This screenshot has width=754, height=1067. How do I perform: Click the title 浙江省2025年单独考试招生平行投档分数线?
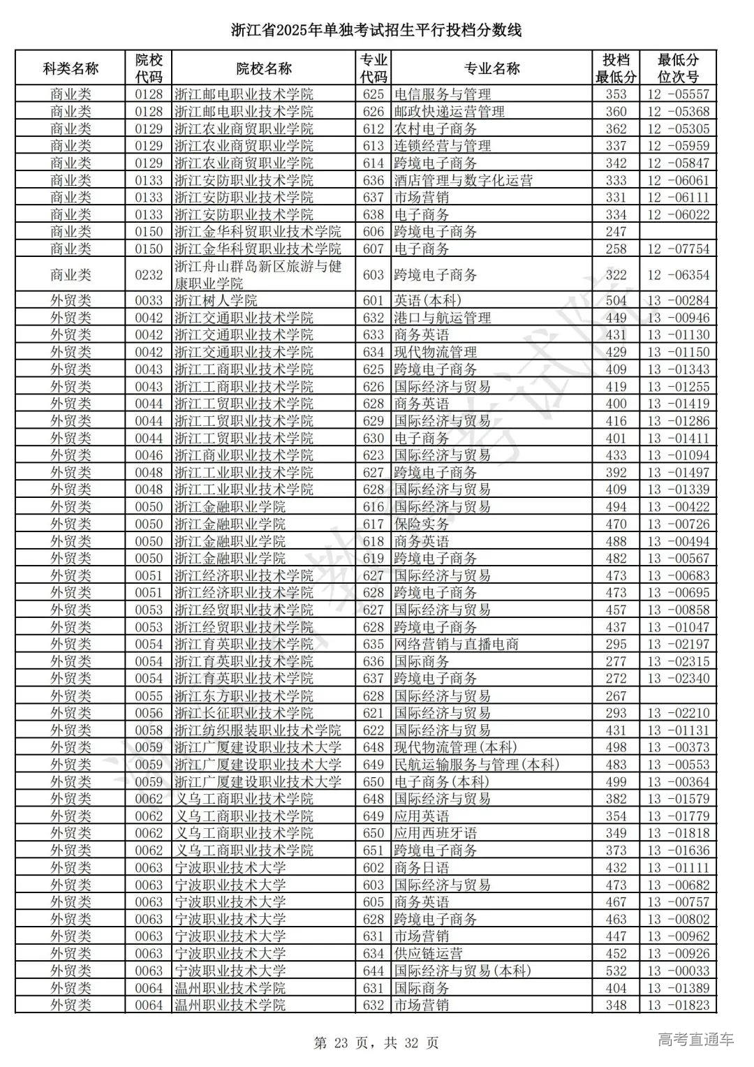(x=376, y=30)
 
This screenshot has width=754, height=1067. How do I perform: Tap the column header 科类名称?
(x=71, y=68)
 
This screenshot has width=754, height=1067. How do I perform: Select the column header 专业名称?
(x=491, y=68)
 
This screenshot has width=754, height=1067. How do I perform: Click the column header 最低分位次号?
(x=678, y=68)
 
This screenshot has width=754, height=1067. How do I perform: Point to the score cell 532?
(x=616, y=971)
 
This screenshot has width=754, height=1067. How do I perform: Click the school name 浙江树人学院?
(x=216, y=300)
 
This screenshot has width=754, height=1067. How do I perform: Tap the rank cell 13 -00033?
(x=678, y=971)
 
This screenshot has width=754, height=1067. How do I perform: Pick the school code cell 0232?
(x=149, y=275)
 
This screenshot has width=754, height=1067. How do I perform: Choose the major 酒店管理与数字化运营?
(x=463, y=180)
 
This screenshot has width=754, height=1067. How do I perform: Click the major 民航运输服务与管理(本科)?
(x=477, y=765)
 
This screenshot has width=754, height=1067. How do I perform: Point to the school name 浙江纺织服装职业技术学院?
(x=258, y=730)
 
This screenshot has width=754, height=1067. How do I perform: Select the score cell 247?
(x=616, y=232)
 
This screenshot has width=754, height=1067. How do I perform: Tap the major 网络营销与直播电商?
(x=456, y=645)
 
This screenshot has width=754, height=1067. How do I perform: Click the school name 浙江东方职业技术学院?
(x=244, y=696)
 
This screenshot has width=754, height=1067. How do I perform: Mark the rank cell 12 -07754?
(x=678, y=249)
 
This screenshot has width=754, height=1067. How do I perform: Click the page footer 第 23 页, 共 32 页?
(x=377, y=1043)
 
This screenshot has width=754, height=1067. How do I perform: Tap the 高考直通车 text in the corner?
(x=696, y=1040)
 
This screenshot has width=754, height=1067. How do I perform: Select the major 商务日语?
(x=421, y=867)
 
